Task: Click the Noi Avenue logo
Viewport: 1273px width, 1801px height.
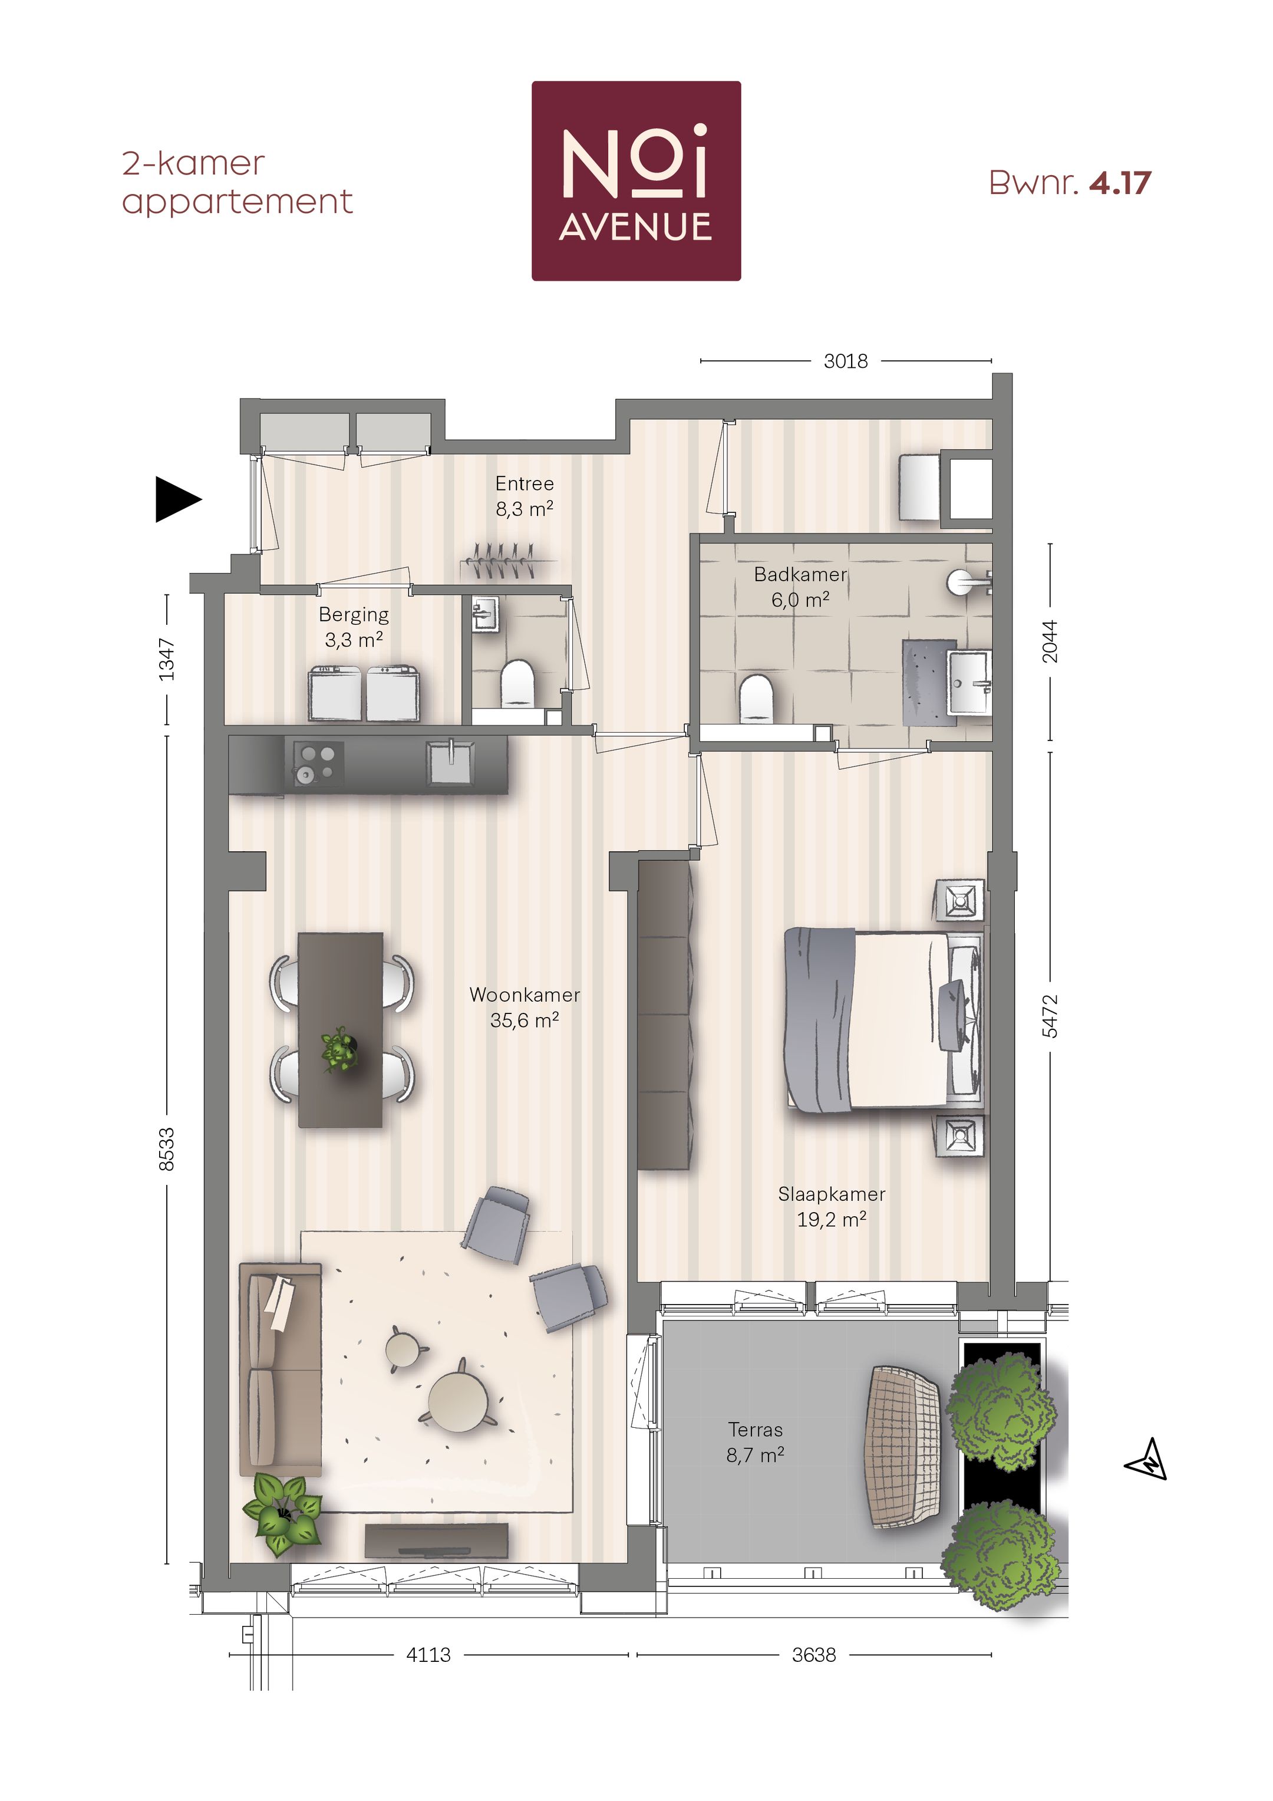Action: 636,181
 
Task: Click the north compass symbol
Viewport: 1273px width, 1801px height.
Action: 1146,1459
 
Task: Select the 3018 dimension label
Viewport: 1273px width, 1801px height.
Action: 846,361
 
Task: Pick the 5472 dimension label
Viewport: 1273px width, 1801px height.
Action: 1050,1016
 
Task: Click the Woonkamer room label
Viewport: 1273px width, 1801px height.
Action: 524,1006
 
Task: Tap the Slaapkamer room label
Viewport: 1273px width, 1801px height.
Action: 832,1206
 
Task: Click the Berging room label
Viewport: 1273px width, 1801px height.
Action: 354,626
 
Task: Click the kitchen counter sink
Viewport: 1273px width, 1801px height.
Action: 450,762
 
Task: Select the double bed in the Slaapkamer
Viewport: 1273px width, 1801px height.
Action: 885,1018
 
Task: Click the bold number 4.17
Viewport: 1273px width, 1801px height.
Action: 1120,183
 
